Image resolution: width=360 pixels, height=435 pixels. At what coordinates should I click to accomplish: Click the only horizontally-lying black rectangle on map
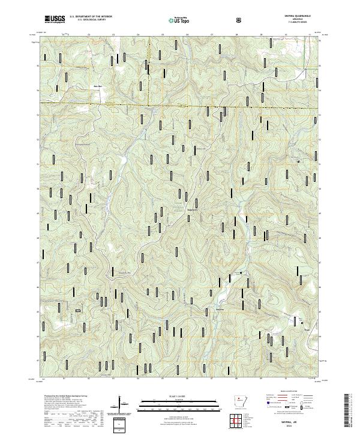tap(77, 310)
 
